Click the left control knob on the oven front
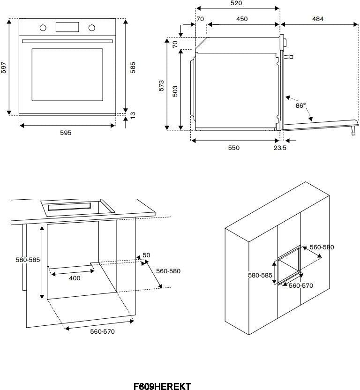click(x=43, y=28)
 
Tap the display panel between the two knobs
click(x=67, y=27)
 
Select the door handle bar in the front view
click(x=67, y=42)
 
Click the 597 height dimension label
click(x=4, y=68)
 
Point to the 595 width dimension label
click(x=66, y=133)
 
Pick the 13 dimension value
click(x=133, y=115)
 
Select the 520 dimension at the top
click(x=236, y=3)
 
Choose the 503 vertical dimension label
click(x=175, y=90)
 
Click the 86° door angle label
click(x=300, y=105)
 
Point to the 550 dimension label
click(x=233, y=148)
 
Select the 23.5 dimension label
click(x=280, y=148)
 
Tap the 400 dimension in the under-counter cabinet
click(x=75, y=278)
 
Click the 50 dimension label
click(x=146, y=255)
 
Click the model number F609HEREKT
click(x=162, y=386)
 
